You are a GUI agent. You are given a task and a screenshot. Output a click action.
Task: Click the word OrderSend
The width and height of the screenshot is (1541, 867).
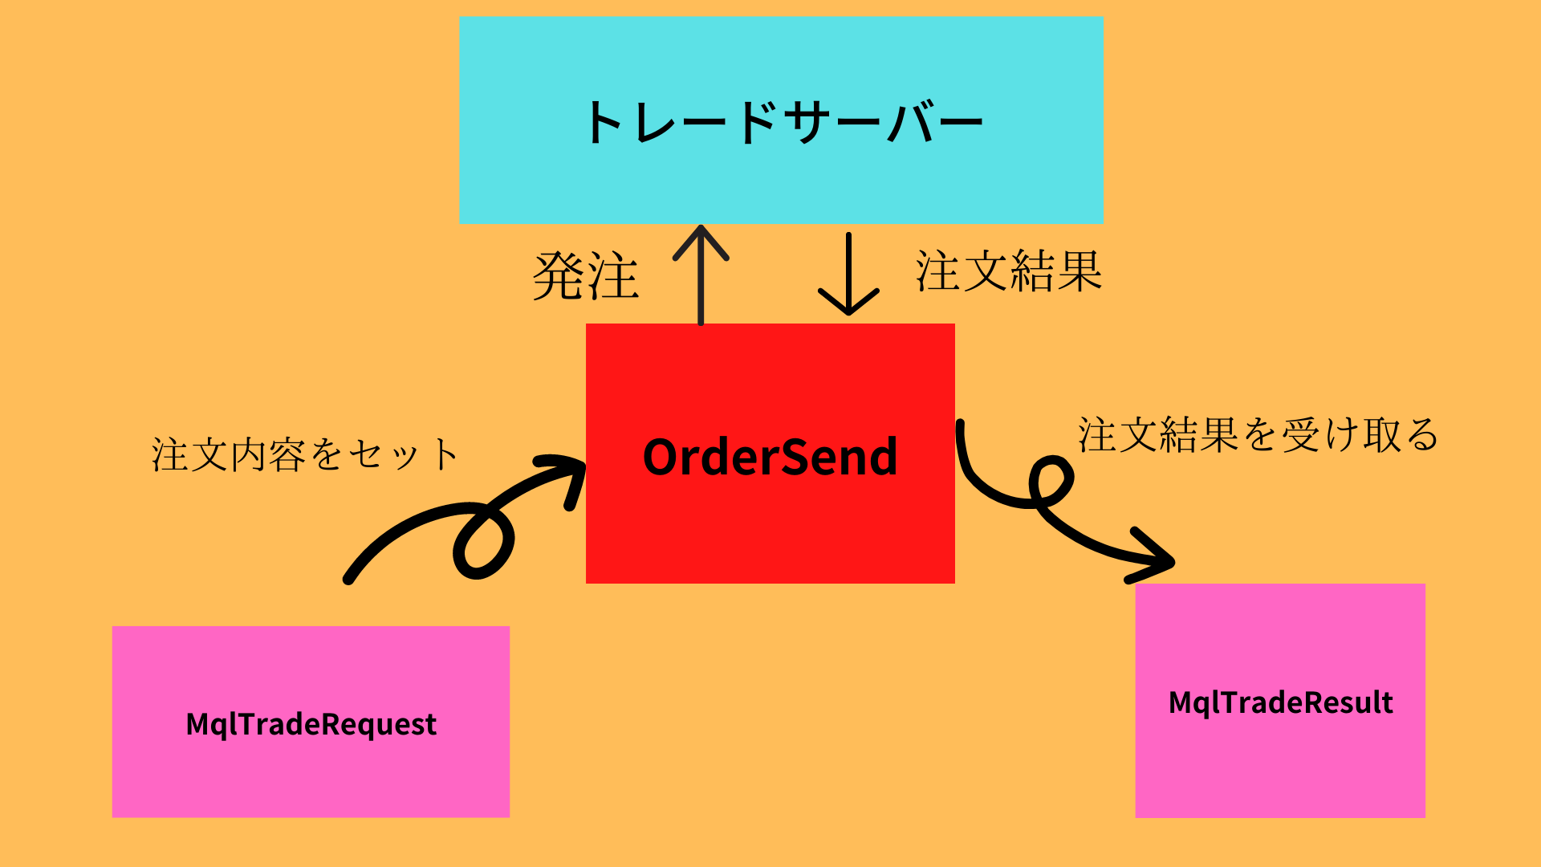point(770,458)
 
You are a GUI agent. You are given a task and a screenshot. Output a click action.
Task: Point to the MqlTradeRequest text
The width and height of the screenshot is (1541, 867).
point(311,724)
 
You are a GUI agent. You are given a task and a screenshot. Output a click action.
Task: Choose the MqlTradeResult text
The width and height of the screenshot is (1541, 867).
point(1280,702)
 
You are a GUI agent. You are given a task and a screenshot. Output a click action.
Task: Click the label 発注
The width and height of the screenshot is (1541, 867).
point(586,276)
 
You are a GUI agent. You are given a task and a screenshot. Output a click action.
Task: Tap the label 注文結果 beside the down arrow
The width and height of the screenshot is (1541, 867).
point(1009,271)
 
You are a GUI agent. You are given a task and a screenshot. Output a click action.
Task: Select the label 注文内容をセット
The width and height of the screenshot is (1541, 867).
point(305,454)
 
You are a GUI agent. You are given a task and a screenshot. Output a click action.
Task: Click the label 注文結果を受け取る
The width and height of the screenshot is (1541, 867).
point(1258,435)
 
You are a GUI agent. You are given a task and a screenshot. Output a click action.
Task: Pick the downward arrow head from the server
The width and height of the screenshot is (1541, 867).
point(848,303)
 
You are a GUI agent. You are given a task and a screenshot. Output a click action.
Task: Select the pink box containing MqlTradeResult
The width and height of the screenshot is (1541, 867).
point(1280,771)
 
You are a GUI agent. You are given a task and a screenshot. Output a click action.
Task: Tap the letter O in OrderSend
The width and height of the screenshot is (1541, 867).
point(664,458)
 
